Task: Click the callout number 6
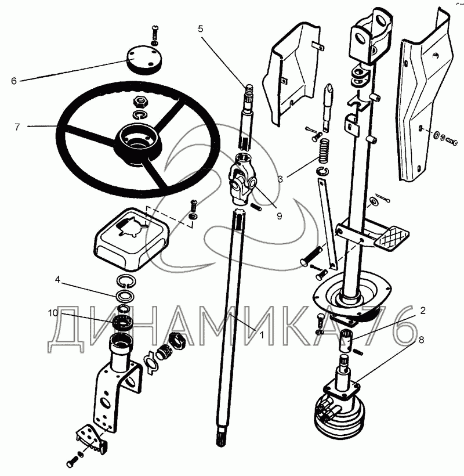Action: point(14,81)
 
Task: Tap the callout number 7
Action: point(17,127)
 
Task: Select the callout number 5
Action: point(201,29)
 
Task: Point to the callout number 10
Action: point(57,280)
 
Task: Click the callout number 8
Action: point(421,340)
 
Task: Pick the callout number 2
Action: point(423,310)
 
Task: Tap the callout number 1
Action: point(262,335)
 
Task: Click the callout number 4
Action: point(57,280)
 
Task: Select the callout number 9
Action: point(279,216)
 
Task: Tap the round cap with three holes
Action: point(144,59)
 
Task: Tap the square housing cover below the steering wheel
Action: point(131,239)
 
